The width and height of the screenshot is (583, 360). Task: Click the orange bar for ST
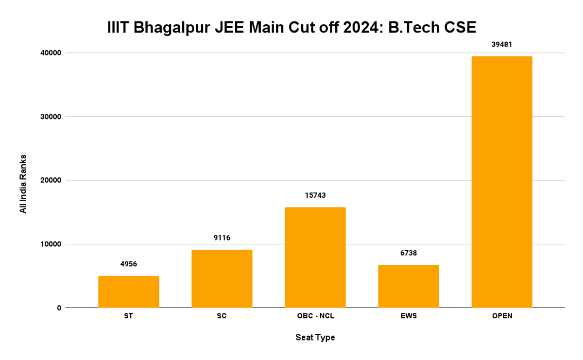click(128, 291)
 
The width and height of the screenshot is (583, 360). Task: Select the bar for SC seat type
click(222, 278)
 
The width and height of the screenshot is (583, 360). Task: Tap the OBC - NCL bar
click(315, 257)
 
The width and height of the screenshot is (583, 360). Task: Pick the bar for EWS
click(409, 286)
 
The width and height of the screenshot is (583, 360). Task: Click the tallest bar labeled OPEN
click(502, 182)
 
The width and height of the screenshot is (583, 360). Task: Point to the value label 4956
click(128, 264)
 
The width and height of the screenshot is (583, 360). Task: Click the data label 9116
click(222, 238)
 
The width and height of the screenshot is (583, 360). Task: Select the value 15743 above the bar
click(315, 195)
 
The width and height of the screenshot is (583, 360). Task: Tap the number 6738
click(409, 253)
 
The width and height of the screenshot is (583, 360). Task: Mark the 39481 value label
click(502, 44)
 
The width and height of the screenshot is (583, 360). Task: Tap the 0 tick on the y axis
click(59, 308)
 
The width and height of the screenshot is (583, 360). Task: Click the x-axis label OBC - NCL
click(315, 316)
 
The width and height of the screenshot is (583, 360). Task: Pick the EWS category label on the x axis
click(409, 316)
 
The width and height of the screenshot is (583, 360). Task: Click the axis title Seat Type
click(315, 337)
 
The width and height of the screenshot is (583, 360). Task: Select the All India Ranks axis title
click(23, 184)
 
